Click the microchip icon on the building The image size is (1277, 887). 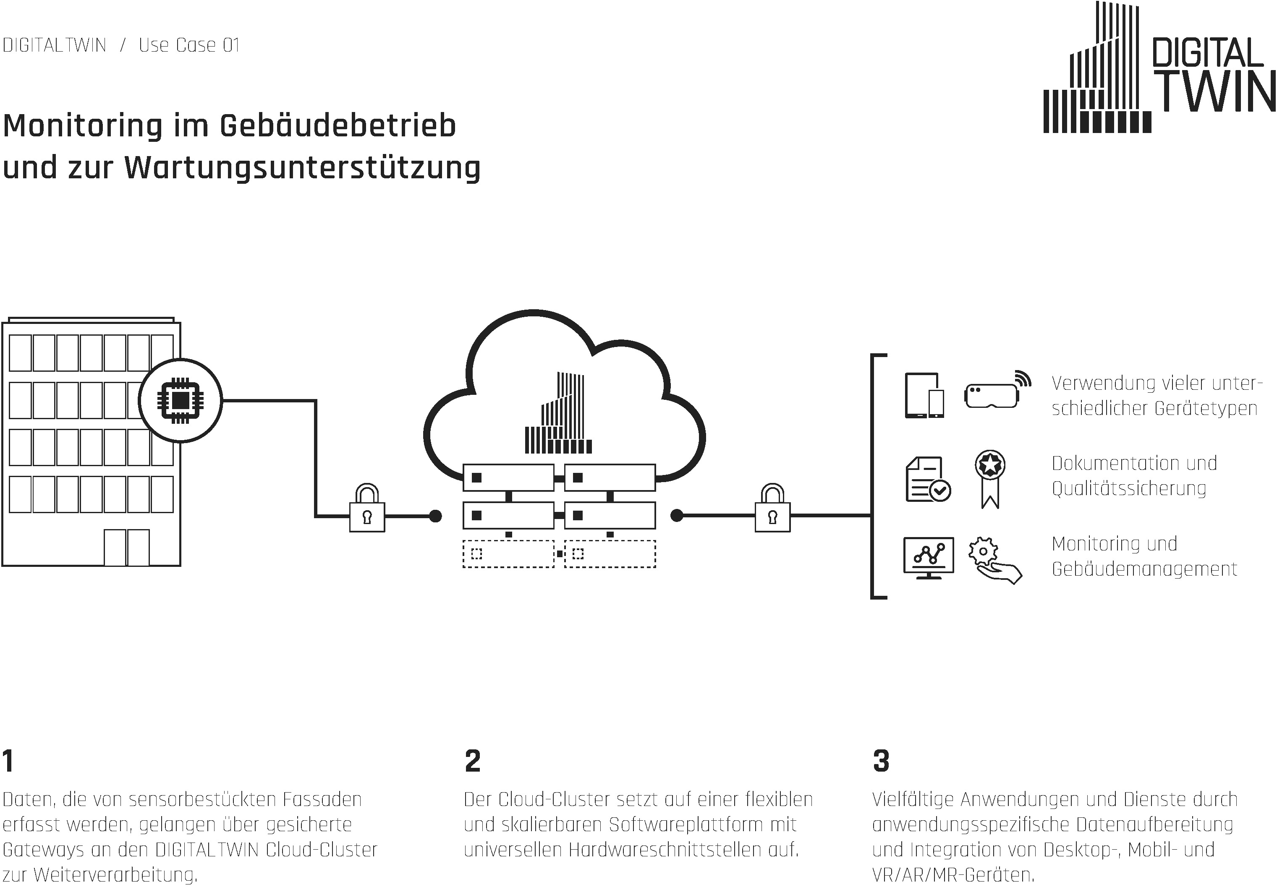click(180, 400)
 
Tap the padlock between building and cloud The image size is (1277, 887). click(367, 508)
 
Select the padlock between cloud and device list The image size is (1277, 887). click(773, 508)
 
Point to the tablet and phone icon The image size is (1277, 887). click(924, 395)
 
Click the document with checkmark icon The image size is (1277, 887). click(928, 479)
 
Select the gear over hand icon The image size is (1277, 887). click(994, 560)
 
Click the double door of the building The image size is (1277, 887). click(127, 548)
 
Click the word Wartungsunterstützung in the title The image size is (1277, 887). click(302, 167)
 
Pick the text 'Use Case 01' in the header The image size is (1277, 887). click(189, 45)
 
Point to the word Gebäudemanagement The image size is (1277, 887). click(1144, 569)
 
